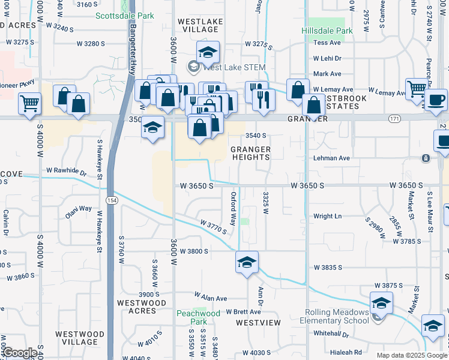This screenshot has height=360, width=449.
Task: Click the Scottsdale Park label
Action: click(x=125, y=16)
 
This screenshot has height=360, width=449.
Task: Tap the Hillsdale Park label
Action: click(x=327, y=31)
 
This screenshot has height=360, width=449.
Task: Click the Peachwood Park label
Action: click(x=198, y=317)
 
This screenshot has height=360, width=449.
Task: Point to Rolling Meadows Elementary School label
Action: click(x=336, y=316)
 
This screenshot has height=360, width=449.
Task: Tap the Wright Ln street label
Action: click(x=327, y=216)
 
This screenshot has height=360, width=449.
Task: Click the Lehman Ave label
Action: click(x=331, y=158)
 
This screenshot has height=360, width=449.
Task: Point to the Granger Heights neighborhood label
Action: click(x=251, y=153)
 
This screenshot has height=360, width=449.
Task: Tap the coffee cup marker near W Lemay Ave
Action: click(x=436, y=99)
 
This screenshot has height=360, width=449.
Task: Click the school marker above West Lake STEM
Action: click(x=208, y=53)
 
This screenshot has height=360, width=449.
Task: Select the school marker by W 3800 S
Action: click(x=247, y=262)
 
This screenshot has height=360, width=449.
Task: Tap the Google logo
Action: click(x=20, y=353)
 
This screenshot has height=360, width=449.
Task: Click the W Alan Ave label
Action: click(x=211, y=298)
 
